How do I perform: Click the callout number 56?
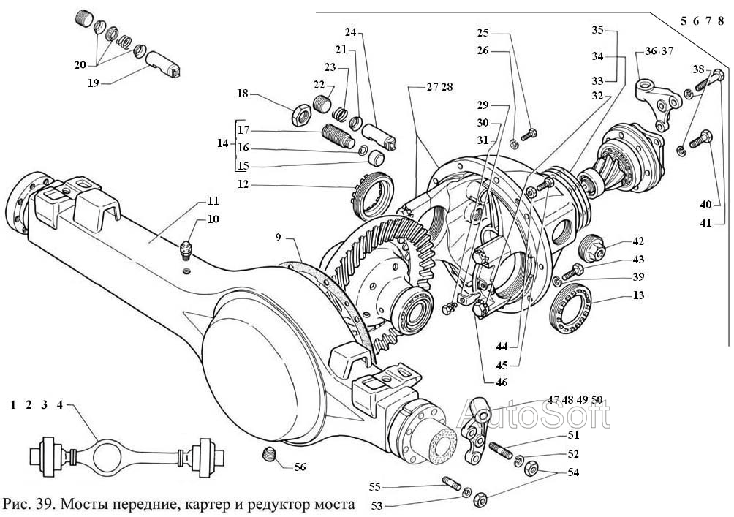coord(300,467)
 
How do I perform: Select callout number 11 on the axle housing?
coord(212,200)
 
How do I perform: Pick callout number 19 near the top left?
coord(92,83)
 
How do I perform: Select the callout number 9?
coord(279,238)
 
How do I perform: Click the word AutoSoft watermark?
coord(534,415)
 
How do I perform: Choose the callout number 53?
coord(375,505)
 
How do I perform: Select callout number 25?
coord(483,33)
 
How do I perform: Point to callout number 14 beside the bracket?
coord(222,143)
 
